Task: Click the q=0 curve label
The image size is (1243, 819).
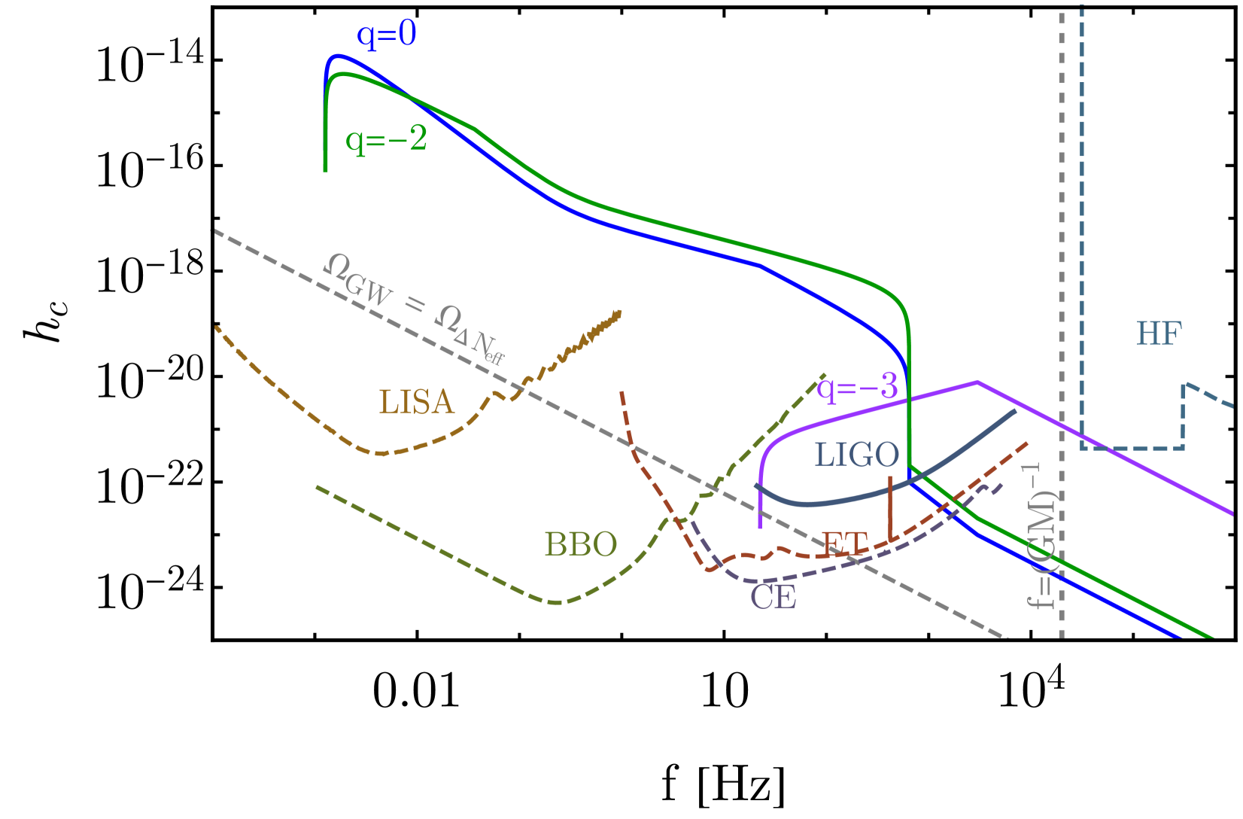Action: tap(386, 35)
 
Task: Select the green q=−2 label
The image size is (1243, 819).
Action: tap(386, 139)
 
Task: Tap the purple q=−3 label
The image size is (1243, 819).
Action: tap(857, 387)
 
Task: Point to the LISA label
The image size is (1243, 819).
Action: tap(416, 402)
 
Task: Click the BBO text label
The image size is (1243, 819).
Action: tap(580, 544)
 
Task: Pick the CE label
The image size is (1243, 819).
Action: tap(773, 598)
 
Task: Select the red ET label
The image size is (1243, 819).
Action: tap(844, 543)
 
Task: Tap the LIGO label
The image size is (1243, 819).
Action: tap(856, 455)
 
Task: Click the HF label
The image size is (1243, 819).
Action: tap(1159, 333)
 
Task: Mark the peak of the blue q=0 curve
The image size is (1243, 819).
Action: tap(338, 55)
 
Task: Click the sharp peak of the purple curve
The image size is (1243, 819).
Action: tap(977, 382)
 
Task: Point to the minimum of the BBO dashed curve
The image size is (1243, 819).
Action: tap(556, 602)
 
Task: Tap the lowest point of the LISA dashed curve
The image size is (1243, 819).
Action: tap(380, 454)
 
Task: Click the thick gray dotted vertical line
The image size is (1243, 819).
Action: tap(1062, 301)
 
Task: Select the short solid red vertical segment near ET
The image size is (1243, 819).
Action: tap(890, 508)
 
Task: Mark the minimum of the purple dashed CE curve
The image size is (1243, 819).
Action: tap(760, 581)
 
